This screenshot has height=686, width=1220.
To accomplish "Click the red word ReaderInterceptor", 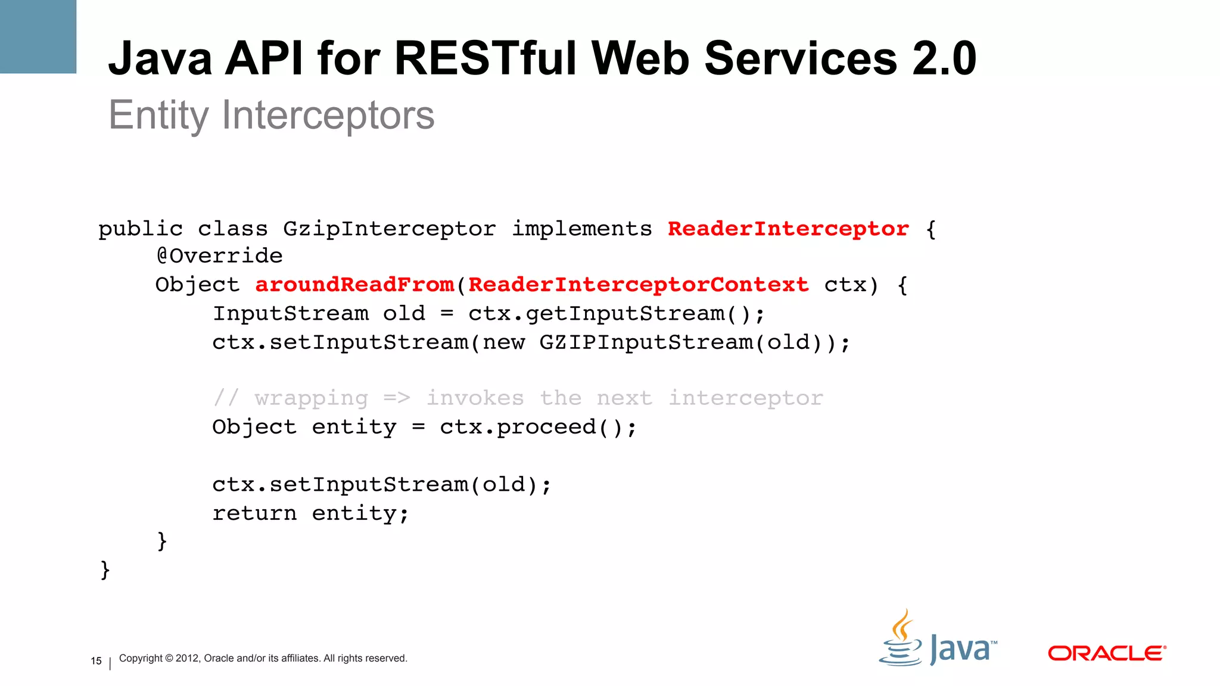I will (788, 229).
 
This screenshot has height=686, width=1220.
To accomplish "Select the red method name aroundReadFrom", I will (354, 285).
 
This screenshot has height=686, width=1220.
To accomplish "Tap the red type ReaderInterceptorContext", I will (639, 285).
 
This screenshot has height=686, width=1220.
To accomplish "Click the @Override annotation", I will (219, 256).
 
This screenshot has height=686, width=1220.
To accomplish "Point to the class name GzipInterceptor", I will (389, 229).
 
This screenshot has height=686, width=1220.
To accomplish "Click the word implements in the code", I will (582, 229).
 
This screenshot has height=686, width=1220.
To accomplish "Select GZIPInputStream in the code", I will (646, 342).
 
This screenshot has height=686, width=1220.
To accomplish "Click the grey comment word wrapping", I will (311, 398).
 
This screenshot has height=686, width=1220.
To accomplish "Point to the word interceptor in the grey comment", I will (746, 398).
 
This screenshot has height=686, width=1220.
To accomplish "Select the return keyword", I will (254, 513).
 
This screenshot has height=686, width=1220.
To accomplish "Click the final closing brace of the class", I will (105, 570).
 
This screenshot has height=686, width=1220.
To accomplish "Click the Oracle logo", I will (1106, 653).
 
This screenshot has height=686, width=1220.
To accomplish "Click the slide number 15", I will (96, 661).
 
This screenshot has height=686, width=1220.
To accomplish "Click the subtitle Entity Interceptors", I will (272, 115).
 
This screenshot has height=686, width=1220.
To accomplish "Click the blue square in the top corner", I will (38, 36).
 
